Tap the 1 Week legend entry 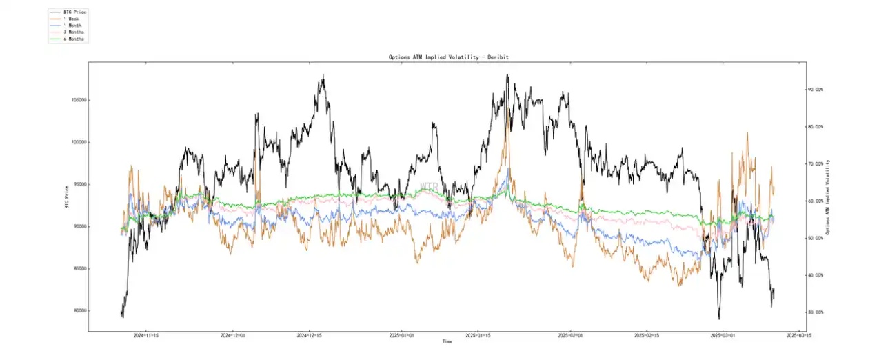(72, 19)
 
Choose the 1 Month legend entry (72, 26)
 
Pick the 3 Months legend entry (74, 32)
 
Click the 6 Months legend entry (74, 39)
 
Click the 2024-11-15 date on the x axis (146, 336)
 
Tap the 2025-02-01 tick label (572, 336)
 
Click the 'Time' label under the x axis (447, 341)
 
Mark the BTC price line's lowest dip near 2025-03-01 (718, 319)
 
